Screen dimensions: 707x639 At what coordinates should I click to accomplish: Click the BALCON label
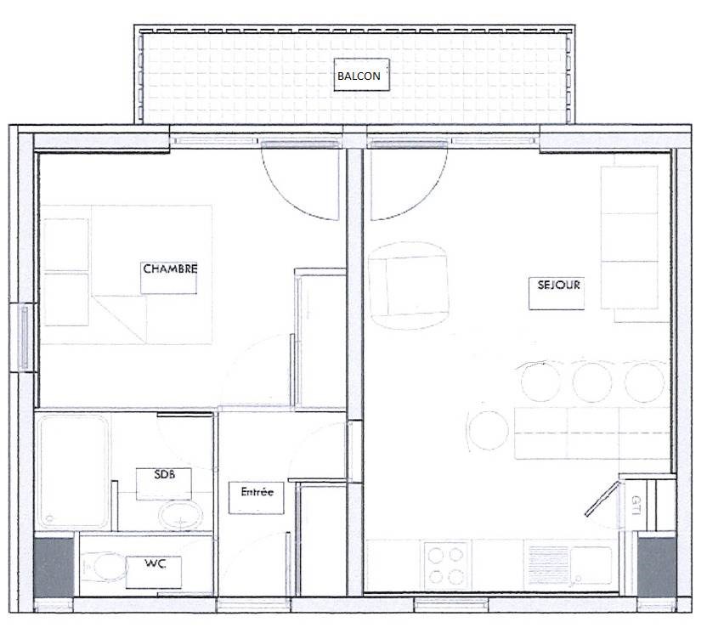coord(359,76)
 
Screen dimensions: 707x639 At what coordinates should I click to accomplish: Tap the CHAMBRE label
coord(170,269)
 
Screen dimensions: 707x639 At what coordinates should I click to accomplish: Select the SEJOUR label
coord(558,285)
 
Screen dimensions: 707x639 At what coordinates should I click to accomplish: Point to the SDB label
coord(165,474)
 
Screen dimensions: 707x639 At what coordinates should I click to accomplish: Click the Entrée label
coord(257,491)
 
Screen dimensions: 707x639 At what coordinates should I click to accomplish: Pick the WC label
coord(156,563)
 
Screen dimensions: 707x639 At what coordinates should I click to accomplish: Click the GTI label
coord(636,506)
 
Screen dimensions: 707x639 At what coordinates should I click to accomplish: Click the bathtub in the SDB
coord(73,472)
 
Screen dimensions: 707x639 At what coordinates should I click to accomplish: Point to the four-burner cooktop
coord(445,565)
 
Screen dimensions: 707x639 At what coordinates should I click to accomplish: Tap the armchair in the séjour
coord(409,285)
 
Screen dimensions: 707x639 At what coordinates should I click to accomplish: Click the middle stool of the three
coord(592,382)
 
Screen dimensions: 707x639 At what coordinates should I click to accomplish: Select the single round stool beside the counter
coord(489,430)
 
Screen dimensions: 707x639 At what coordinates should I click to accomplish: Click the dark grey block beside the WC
coord(54,567)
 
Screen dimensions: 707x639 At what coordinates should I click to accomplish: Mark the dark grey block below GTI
coord(657,568)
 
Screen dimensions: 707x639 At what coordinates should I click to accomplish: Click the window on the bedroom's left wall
coord(24,336)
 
